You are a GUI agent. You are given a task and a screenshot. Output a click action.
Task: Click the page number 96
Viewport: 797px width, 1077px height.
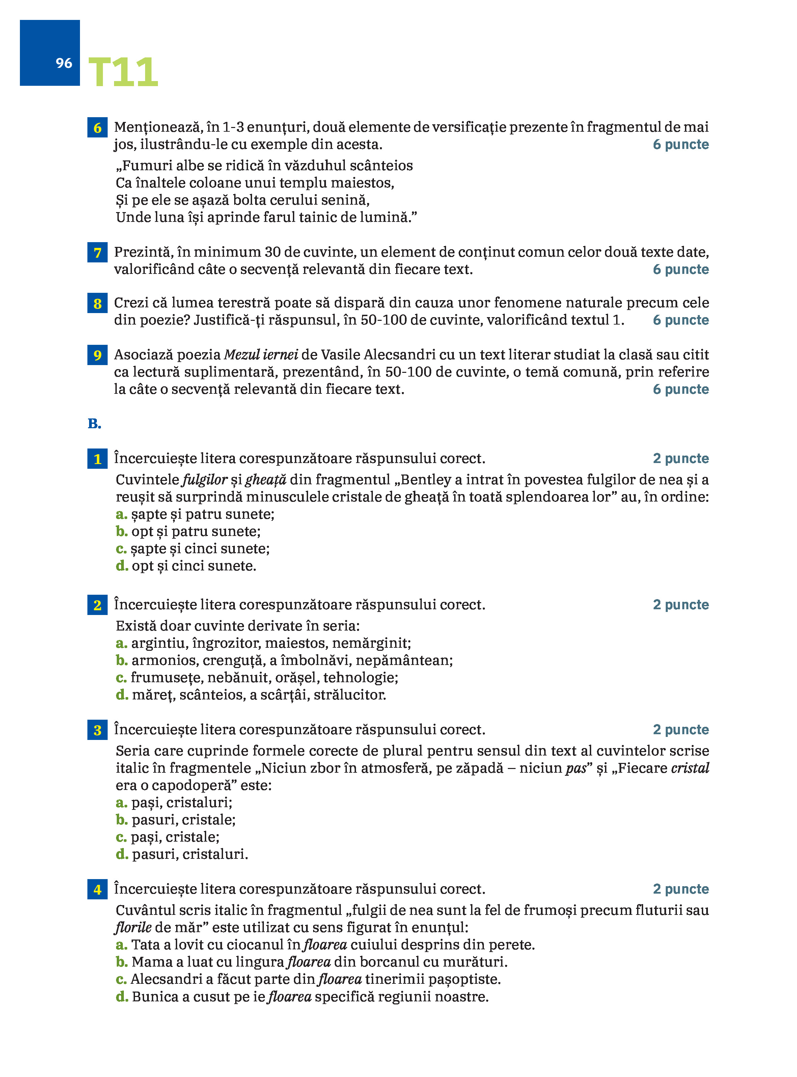(64, 63)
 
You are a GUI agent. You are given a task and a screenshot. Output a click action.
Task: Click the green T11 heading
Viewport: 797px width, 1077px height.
(123, 72)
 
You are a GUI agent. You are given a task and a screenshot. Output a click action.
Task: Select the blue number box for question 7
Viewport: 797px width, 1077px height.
(98, 253)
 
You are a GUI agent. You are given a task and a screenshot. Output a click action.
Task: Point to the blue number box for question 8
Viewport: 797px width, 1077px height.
(98, 304)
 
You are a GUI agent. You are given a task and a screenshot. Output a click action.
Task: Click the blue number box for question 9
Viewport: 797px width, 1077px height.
(98, 355)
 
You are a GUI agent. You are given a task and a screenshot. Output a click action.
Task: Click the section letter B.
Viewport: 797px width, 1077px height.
(94, 424)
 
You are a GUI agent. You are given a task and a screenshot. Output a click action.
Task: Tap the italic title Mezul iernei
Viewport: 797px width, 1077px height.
(261, 355)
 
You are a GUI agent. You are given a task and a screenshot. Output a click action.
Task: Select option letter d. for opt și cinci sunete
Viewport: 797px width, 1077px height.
(121, 566)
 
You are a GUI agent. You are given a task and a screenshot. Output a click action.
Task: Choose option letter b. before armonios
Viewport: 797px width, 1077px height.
(121, 660)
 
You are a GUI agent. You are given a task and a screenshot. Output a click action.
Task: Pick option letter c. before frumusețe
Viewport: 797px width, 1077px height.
(121, 678)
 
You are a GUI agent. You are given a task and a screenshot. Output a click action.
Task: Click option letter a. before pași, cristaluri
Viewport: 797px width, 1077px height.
(121, 802)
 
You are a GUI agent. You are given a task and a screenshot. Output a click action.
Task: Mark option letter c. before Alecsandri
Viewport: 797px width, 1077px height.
(121, 979)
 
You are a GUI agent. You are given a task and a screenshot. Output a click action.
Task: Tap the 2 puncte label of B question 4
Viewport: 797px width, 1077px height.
(681, 889)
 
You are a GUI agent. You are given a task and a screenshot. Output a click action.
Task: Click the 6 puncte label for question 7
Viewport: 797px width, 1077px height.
(681, 270)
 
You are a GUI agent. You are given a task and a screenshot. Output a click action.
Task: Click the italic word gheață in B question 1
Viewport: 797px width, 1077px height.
(265, 480)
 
